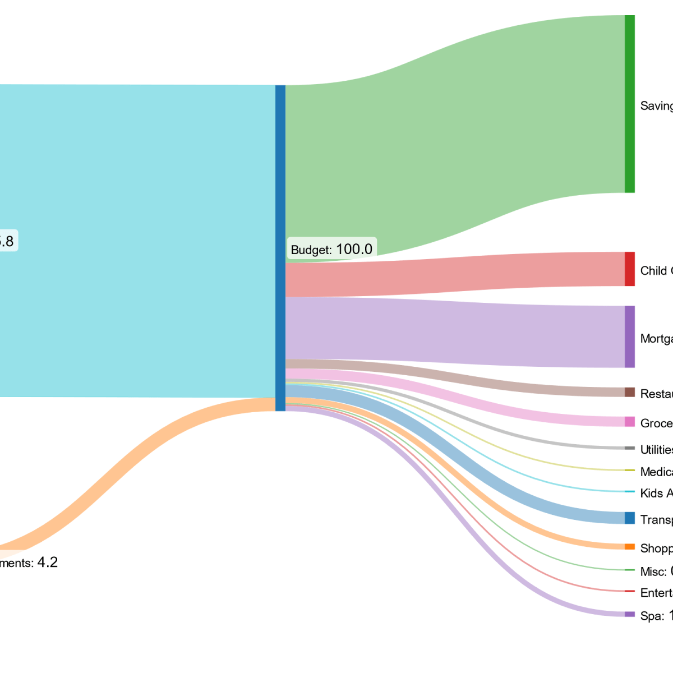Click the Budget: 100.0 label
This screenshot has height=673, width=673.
pos(331,249)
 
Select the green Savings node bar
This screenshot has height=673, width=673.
pos(630,104)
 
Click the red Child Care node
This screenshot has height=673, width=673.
pos(630,269)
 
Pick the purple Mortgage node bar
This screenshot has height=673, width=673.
pos(630,336)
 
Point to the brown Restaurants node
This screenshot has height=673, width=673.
pos(630,392)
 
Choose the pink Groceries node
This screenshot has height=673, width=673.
pos(630,422)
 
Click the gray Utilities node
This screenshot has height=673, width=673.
pos(630,448)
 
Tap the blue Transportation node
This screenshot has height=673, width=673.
pos(630,518)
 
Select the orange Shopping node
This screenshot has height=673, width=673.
pos(630,547)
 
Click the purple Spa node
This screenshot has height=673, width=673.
pos(630,614)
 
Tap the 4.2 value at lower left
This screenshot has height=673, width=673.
pos(47,563)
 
